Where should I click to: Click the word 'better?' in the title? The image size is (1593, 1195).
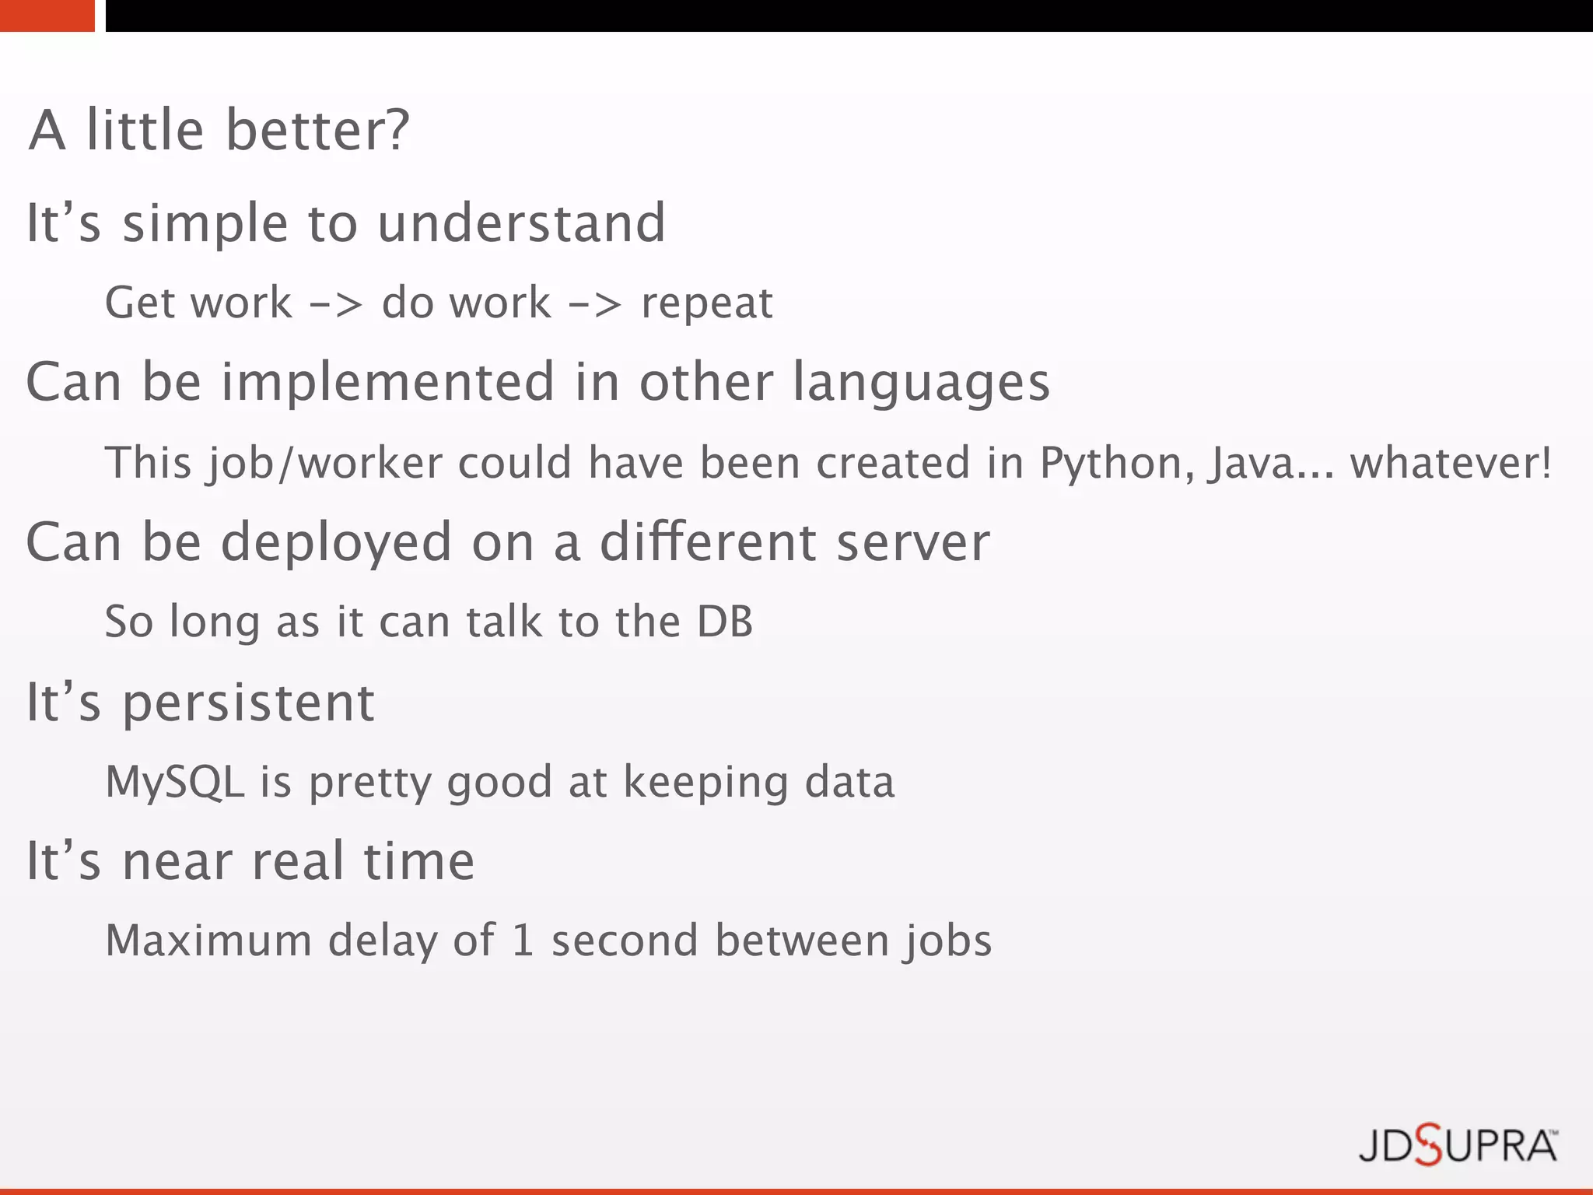coord(317,130)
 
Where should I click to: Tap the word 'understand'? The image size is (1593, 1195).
coord(521,223)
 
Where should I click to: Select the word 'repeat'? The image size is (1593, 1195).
coord(707,303)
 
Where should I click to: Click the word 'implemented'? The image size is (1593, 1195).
coord(387,383)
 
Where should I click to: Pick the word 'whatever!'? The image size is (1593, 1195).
coord(1451,463)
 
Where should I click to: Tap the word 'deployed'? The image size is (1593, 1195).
coord(336,543)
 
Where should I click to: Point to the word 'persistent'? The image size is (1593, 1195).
coord(249,703)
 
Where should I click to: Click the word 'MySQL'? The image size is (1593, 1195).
coord(175,782)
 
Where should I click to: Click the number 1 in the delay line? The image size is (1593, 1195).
coord(523,941)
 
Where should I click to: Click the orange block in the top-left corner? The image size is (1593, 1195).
coord(47,16)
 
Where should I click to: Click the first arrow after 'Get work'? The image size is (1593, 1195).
coord(336,304)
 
